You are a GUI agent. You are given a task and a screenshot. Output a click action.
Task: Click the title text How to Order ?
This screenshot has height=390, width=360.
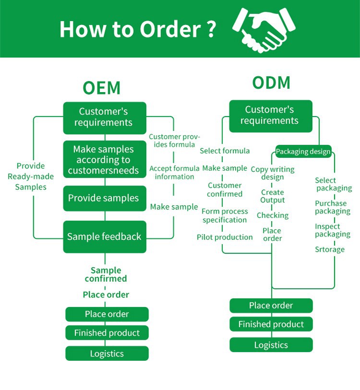coord(137,29)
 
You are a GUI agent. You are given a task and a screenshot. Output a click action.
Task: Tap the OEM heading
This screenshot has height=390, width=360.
coord(101,88)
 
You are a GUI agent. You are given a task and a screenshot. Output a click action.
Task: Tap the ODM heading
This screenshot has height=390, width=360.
coord(271,83)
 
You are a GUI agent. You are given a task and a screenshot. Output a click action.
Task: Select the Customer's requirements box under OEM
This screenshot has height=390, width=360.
coord(104,117)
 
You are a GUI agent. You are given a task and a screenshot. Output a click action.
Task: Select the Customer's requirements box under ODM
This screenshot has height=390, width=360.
coord(270,116)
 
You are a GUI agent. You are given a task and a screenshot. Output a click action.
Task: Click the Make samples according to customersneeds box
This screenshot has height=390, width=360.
coord(104,160)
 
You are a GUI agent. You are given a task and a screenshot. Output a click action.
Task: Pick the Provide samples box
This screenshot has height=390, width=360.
coord(104,198)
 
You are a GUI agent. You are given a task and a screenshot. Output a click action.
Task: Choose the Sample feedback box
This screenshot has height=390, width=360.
coord(104,236)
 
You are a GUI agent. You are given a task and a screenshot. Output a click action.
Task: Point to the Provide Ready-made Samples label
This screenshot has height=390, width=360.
coord(31,177)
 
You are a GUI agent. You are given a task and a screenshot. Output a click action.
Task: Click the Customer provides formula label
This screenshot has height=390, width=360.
coord(174,141)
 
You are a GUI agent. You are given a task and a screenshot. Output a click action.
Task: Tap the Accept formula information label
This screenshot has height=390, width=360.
coord(174,173)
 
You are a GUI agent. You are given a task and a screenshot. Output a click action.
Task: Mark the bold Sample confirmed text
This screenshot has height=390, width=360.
coord(106,274)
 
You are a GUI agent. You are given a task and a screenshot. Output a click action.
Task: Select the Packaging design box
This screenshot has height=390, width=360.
coord(303,152)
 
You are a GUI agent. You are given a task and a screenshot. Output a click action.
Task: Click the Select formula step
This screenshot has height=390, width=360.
coord(225,151)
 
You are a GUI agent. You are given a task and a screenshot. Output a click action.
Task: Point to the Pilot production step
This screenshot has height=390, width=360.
coord(225,237)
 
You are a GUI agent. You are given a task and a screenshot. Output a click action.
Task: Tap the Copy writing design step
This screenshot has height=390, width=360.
coord(273,173)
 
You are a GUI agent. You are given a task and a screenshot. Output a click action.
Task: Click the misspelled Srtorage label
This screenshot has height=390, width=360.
coord(329,249)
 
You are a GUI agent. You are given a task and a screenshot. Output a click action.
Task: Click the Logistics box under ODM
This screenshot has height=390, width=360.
coord(271,345)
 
